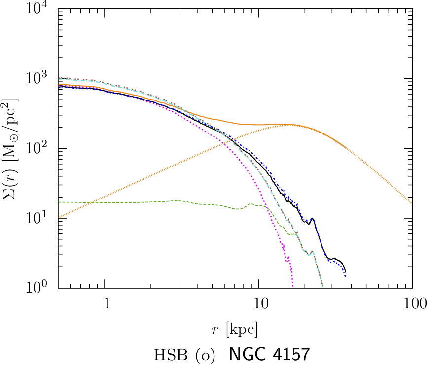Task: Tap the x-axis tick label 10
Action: [x=259, y=302]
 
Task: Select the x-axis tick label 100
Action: [x=412, y=302]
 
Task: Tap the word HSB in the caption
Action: [x=169, y=354]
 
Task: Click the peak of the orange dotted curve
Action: [x=285, y=125]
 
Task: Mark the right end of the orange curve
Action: [x=412, y=202]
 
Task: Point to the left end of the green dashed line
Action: [x=59, y=202]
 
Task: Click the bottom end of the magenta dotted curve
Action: [x=293, y=286]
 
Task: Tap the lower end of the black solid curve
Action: [x=346, y=271]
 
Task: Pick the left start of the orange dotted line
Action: [x=59, y=217]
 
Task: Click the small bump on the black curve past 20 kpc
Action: [x=312, y=219]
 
